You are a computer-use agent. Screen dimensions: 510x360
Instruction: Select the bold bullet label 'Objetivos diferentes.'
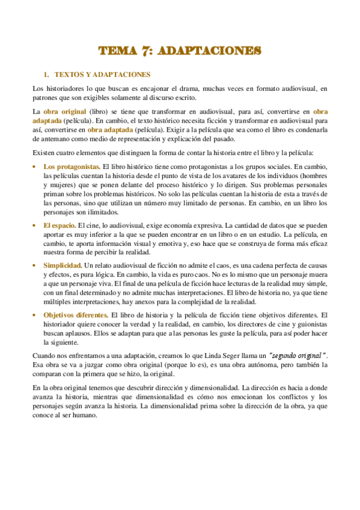pyautogui.click(x=76, y=315)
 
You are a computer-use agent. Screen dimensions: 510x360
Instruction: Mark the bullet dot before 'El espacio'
pyautogui.click(x=35, y=225)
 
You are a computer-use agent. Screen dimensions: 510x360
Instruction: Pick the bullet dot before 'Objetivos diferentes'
pyautogui.click(x=35, y=315)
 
